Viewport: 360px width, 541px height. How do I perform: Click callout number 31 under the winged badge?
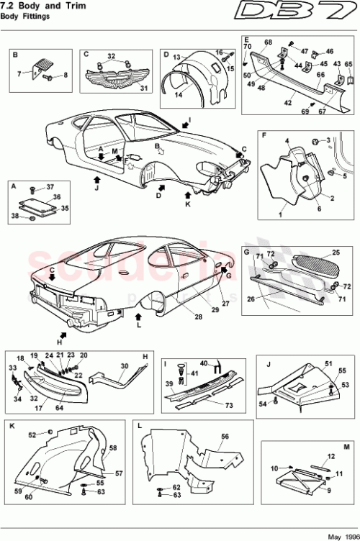[x=143, y=88]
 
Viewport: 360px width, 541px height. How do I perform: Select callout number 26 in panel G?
[x=251, y=301]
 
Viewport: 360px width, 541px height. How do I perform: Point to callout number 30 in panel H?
[x=124, y=366]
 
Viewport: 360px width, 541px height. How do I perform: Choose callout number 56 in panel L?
[x=225, y=436]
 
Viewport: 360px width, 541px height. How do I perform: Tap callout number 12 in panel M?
[x=332, y=456]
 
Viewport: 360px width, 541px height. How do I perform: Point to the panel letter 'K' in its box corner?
[x=12, y=425]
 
